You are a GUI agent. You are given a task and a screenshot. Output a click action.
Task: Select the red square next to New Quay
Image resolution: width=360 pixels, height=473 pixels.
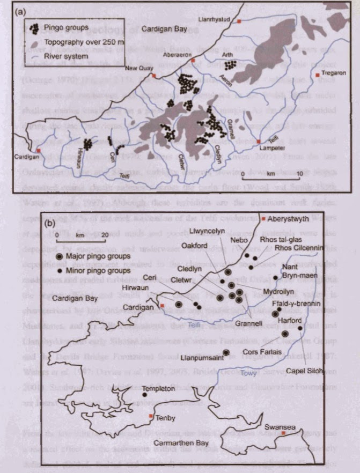(153, 76)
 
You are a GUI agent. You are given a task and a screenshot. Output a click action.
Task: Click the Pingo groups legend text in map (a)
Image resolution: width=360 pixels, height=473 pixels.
(67, 26)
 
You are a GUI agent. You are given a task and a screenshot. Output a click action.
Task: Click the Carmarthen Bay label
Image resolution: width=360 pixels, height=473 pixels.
(183, 443)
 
